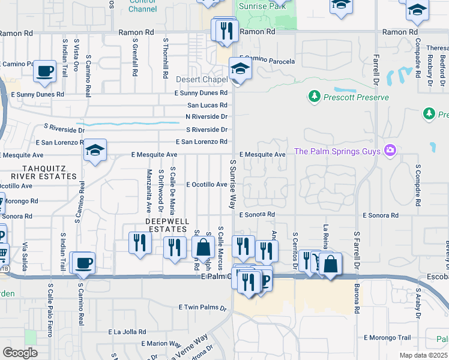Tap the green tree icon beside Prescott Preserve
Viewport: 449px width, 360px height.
click(x=313, y=96)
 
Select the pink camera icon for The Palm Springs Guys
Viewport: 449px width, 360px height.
click(x=391, y=150)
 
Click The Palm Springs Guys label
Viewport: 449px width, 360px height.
click(x=338, y=151)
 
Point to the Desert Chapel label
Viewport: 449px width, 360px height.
click(x=201, y=79)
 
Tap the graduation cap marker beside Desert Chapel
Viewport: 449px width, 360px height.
click(x=240, y=70)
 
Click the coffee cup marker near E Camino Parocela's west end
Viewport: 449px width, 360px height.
click(x=44, y=71)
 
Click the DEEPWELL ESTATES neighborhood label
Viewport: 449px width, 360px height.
click(x=166, y=226)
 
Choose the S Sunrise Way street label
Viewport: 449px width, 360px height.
click(x=232, y=184)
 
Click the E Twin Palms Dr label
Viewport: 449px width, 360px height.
click(x=204, y=308)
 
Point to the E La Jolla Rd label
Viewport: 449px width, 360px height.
click(x=127, y=331)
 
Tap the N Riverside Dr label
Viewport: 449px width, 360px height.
click(x=206, y=116)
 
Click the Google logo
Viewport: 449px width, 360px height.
click(x=20, y=353)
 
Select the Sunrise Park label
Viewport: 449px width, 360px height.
click(x=262, y=6)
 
